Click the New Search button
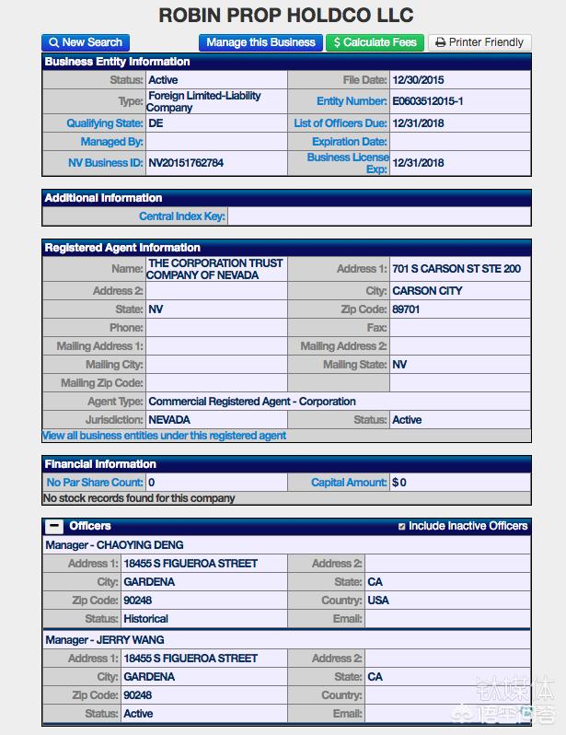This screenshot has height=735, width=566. pos(85,42)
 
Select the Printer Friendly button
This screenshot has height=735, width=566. pos(479,42)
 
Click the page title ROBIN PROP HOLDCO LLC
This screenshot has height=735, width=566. pos(286,16)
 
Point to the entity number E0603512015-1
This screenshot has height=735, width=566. pos(428,101)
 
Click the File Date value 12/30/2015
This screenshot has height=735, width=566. pos(418,80)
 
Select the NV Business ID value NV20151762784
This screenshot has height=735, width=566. pos(186,163)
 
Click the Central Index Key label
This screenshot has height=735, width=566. pos(181,216)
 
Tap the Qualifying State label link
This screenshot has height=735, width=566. pos(104,123)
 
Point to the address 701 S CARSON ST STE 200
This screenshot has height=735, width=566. pos(456,269)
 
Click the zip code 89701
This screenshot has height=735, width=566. pos(406,309)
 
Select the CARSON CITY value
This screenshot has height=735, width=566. pos(427,291)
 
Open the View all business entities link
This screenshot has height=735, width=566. pos(164,436)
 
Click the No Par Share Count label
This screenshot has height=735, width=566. pos(95,482)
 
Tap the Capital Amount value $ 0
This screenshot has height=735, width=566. pos(399,482)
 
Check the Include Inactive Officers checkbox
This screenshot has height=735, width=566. pos(401,527)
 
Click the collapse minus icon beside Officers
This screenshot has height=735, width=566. pos(54,526)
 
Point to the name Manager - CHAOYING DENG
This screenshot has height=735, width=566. pos(114,545)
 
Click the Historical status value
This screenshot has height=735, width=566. pos(145,619)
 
